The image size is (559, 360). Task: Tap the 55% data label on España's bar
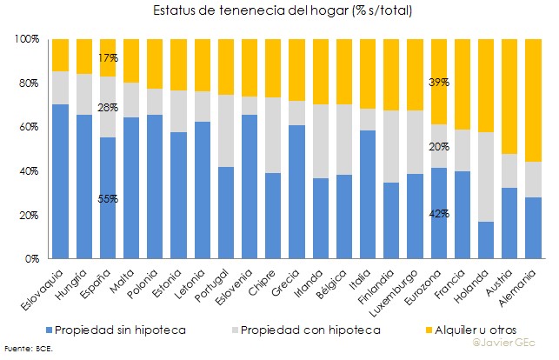pyautogui.click(x=108, y=198)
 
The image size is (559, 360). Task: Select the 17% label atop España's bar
pyautogui.click(x=108, y=57)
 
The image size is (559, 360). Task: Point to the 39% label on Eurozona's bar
pyautogui.click(x=438, y=82)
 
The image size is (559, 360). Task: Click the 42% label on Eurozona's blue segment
pyautogui.click(x=438, y=214)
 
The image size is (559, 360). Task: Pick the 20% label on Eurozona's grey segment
pyautogui.click(x=438, y=147)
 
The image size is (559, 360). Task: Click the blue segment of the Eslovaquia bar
pyautogui.click(x=60, y=181)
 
